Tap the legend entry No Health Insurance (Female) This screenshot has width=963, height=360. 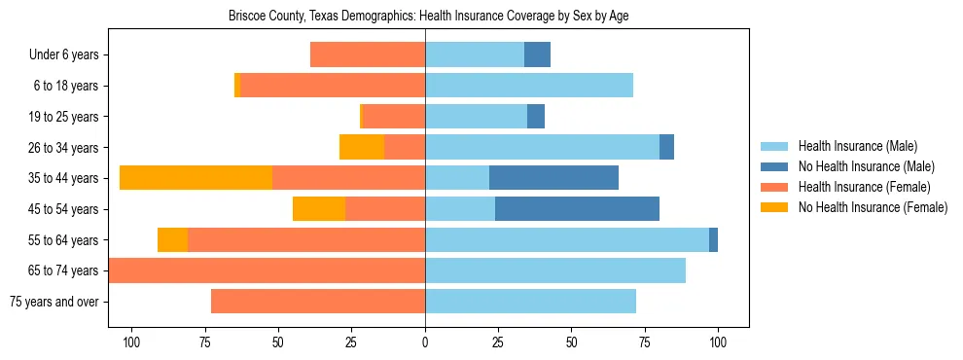point(873,207)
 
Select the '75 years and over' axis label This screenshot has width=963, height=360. point(53,302)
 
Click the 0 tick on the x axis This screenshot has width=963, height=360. point(425,342)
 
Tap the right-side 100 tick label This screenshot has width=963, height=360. point(718,342)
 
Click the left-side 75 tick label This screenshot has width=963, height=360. point(205,342)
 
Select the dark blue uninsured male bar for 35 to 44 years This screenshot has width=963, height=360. point(553,178)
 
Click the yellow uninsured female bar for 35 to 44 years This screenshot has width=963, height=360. point(196,178)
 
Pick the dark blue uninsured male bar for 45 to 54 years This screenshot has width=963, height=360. point(577,209)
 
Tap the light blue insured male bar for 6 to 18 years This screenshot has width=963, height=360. point(529,86)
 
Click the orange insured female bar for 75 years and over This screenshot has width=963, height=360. point(318,302)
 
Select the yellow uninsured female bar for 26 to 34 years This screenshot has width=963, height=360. point(362,147)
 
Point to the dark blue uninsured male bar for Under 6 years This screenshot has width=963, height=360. point(537,54)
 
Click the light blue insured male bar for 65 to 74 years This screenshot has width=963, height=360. point(555,270)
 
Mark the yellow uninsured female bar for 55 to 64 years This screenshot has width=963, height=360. point(172,239)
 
